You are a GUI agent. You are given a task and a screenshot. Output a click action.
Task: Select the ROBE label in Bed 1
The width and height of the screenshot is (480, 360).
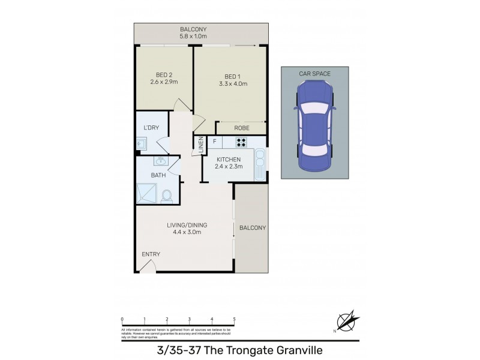(x=242, y=128)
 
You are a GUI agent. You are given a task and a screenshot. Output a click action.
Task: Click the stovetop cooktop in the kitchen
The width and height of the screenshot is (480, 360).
(x=241, y=142)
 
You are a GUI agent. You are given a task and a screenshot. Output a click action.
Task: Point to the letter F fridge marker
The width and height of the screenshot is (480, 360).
(x=214, y=142)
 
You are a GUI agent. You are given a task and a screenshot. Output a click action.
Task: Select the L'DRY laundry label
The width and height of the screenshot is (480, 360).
(x=151, y=128)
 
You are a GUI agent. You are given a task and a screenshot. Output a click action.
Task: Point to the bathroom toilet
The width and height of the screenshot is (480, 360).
(x=167, y=195)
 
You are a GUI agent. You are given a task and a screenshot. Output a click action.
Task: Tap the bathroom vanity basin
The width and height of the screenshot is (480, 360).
(x=160, y=161)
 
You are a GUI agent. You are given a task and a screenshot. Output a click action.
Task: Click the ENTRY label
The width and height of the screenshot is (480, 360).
(x=151, y=254)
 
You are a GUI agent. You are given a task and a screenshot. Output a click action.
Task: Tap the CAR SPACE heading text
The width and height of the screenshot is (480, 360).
(x=314, y=73)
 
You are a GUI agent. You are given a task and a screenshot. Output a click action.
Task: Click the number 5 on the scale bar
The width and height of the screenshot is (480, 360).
(x=234, y=319)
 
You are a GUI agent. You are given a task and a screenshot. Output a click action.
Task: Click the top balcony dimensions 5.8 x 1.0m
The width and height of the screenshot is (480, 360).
(x=193, y=37)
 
